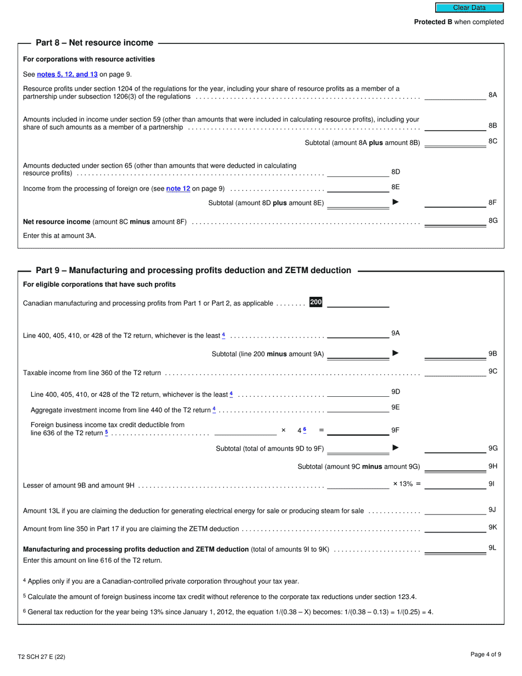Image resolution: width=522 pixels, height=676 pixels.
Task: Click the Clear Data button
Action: point(469,8)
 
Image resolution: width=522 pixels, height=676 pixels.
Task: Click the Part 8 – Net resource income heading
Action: point(95,43)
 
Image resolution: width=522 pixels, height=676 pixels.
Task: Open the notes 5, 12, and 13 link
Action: point(67,74)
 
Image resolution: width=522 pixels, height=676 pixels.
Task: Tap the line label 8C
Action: point(493,141)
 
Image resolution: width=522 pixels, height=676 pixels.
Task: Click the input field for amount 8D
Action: point(358,173)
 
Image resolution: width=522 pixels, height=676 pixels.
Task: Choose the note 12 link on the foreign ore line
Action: point(178,189)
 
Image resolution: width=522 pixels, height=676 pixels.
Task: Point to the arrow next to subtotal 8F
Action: point(396,202)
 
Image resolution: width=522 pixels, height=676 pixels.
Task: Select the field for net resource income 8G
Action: point(455,221)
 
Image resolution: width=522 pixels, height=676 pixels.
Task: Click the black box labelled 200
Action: point(316,302)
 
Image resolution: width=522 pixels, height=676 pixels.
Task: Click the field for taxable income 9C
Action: point(455,372)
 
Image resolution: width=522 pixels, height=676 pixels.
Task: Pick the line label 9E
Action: point(395,407)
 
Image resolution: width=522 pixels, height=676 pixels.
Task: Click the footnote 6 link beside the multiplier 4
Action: point(304,430)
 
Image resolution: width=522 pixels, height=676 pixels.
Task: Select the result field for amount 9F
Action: point(358,431)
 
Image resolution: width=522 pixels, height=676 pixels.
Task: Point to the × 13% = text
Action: point(407,484)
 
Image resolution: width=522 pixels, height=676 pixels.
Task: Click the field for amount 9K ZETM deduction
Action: point(455,528)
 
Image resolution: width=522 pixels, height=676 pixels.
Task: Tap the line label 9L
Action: point(492,548)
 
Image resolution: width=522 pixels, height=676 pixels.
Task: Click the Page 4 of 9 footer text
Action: point(486,654)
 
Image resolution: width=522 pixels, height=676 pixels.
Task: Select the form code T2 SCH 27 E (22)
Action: point(42,657)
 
